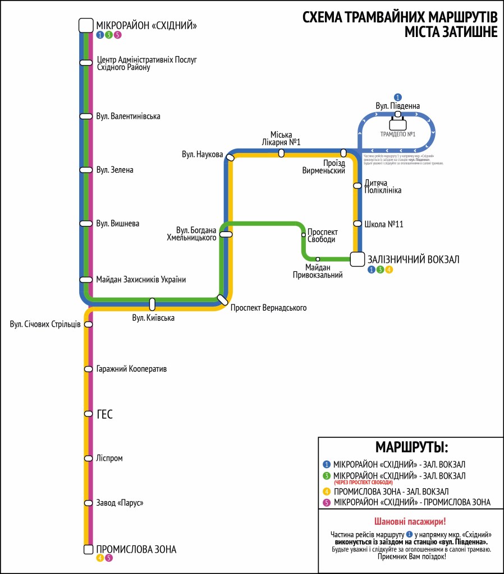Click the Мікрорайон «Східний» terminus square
pyautogui.click(x=85, y=25)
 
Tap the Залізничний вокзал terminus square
pyautogui.click(x=358, y=259)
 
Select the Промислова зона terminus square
pyautogui.click(x=88, y=549)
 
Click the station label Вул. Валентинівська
pyautogui.click(x=128, y=117)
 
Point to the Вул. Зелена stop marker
pyautogui.click(x=86, y=170)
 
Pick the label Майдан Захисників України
pyautogui.click(x=140, y=279)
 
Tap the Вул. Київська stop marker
pyautogui.click(x=152, y=304)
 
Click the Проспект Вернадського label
pyautogui.click(x=268, y=308)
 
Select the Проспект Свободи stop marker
pyautogui.click(x=304, y=235)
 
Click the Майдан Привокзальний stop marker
pyautogui.click(x=318, y=259)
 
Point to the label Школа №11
pyautogui.click(x=384, y=224)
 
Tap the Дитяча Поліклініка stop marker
pyautogui.click(x=357, y=186)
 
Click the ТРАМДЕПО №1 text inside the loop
pyautogui.click(x=397, y=134)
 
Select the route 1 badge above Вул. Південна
pyautogui.click(x=398, y=97)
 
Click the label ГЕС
pyautogui.click(x=104, y=414)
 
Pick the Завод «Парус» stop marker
pyautogui.click(x=88, y=503)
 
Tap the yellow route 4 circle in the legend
pyautogui.click(x=327, y=492)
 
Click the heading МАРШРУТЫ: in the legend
pyautogui.click(x=411, y=447)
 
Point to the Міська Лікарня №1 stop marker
pyautogui.click(x=281, y=153)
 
